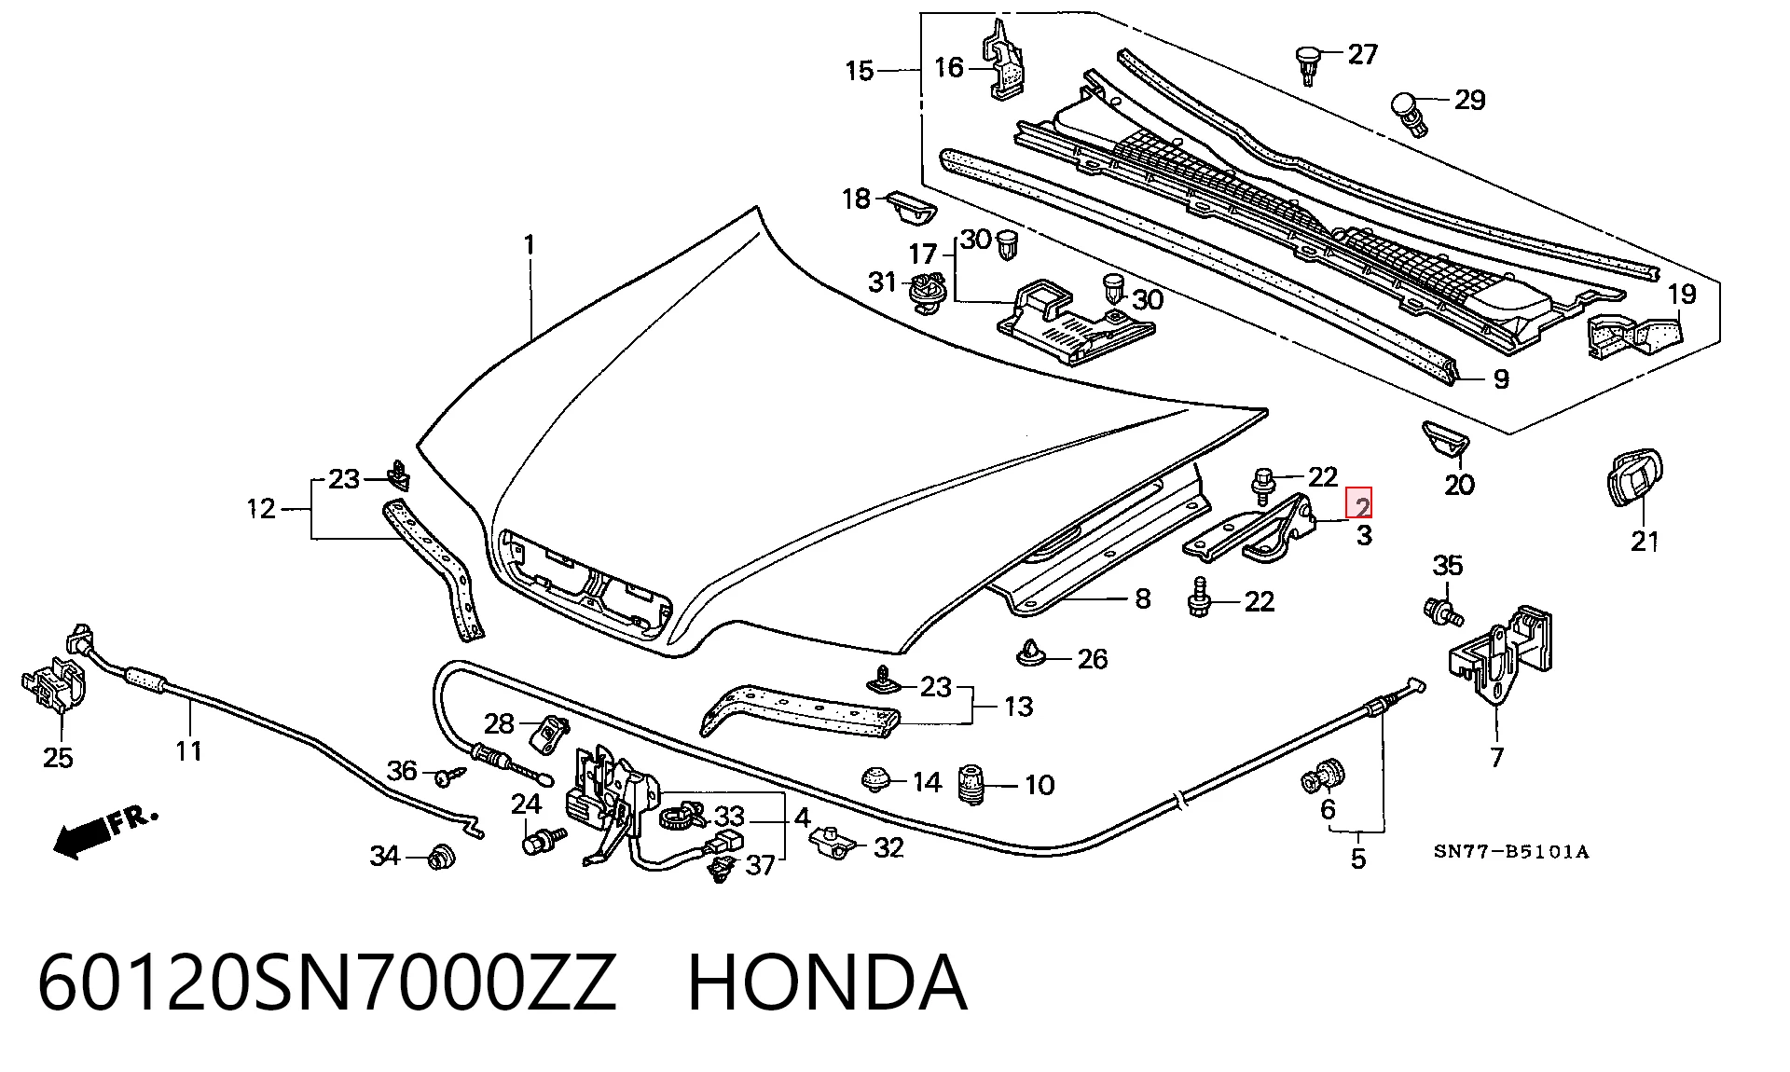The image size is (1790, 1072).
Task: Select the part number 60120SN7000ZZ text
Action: (327, 984)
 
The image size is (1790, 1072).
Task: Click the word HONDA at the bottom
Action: (827, 984)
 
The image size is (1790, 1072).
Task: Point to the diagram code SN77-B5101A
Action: (1511, 851)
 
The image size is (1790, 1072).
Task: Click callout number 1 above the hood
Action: (530, 246)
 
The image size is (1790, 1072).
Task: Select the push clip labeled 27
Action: (1310, 63)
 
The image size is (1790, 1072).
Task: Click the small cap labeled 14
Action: (875, 777)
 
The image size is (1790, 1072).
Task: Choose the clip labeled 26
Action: (1030, 653)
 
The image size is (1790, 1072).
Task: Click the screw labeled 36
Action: (452, 774)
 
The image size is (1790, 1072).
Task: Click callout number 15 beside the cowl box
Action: (860, 71)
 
